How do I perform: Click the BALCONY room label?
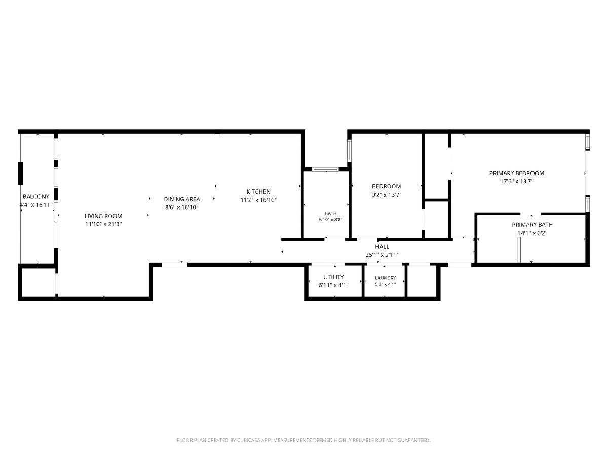pyautogui.click(x=36, y=196)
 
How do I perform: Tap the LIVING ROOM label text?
pyautogui.click(x=103, y=216)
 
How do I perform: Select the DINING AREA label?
pyautogui.click(x=182, y=199)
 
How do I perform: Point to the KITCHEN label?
pyautogui.click(x=258, y=192)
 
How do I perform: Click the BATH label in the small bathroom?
pyautogui.click(x=331, y=213)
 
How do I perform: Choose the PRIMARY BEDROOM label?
pyautogui.click(x=517, y=173)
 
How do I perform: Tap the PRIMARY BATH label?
pyautogui.click(x=532, y=225)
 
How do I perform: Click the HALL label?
pyautogui.click(x=382, y=247)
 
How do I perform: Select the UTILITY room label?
pyautogui.click(x=334, y=277)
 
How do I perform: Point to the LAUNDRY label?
pyautogui.click(x=385, y=278)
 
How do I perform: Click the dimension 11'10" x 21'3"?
pyautogui.click(x=103, y=224)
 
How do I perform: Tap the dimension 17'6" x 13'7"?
pyautogui.click(x=517, y=181)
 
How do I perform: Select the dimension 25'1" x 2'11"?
pyautogui.click(x=382, y=255)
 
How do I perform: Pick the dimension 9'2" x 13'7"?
pyautogui.click(x=387, y=195)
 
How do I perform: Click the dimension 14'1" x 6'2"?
pyautogui.click(x=533, y=233)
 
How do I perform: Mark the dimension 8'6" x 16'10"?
pyautogui.click(x=182, y=207)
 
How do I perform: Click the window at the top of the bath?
pyautogui.click(x=325, y=169)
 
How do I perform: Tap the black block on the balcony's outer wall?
pyautogui.click(x=20, y=174)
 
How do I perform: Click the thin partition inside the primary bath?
pyautogui.click(x=519, y=250)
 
